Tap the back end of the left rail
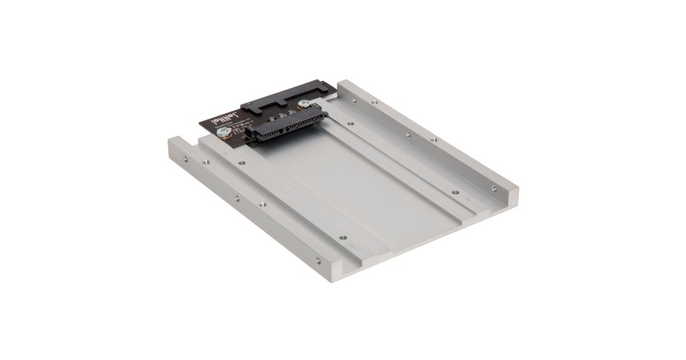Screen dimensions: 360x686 coord(177,142)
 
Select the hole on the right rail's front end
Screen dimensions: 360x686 coord(494,188)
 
